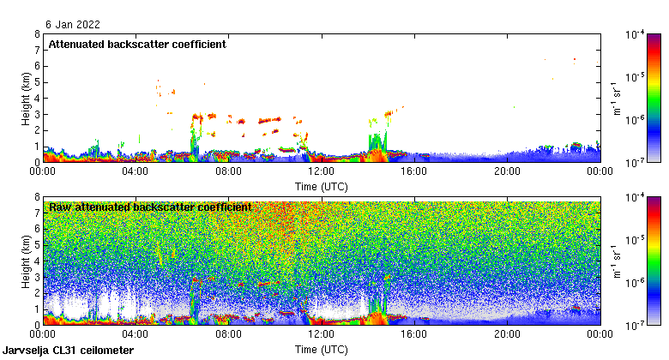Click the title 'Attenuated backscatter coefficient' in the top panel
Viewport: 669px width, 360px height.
click(x=137, y=45)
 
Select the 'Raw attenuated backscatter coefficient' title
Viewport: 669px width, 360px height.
click(x=150, y=207)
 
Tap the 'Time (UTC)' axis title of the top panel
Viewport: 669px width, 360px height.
click(x=321, y=185)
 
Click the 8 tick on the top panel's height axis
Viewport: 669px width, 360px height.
click(x=37, y=34)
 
